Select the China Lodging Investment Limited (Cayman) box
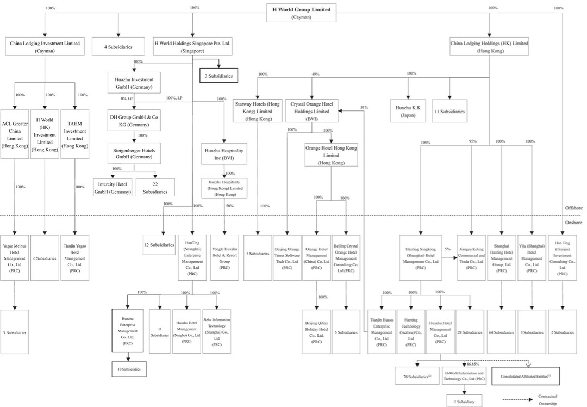point(45,46)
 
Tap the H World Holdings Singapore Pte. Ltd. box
point(192,46)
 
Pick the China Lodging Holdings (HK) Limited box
point(489,46)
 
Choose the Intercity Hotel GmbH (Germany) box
point(113,188)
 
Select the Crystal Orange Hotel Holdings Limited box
point(311,110)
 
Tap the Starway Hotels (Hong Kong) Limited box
point(257,110)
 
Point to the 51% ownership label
point(364,108)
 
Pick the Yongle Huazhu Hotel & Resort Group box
point(224,257)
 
